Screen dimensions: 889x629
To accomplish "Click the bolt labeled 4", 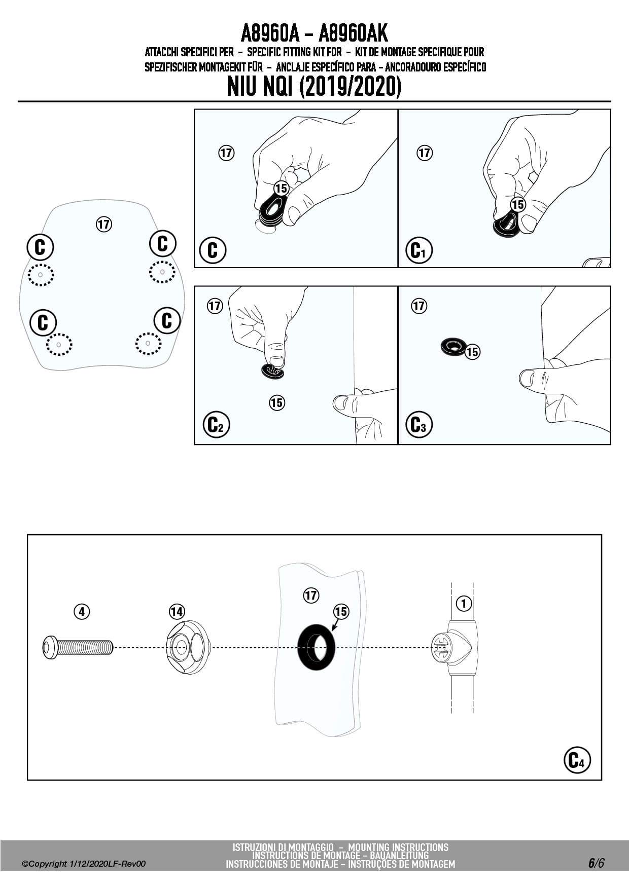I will tap(78, 648).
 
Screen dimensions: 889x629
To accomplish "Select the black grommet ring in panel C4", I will tap(316, 647).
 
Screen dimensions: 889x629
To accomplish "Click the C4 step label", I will tap(577, 760).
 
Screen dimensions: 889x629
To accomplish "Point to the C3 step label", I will tap(419, 425).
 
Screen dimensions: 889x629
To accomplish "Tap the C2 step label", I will tap(216, 425).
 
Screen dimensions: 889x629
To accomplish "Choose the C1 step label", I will tap(419, 250).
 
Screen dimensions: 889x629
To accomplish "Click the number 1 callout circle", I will tap(464, 603).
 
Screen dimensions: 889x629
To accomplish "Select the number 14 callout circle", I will tap(177, 612).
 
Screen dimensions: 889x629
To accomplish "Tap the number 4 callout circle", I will tap(82, 612).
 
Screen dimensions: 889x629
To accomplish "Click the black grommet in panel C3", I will tap(453, 347).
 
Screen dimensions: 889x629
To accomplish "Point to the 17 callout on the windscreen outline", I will tap(103, 224).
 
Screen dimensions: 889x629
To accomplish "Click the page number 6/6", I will tap(596, 863).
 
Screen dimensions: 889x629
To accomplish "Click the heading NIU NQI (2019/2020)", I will tap(314, 87).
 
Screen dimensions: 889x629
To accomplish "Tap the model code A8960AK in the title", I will tap(353, 33).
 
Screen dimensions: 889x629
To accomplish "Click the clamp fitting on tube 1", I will tap(453, 648).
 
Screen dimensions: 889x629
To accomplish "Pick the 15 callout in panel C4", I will tap(341, 612).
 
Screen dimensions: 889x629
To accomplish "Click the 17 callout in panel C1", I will tap(424, 153).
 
